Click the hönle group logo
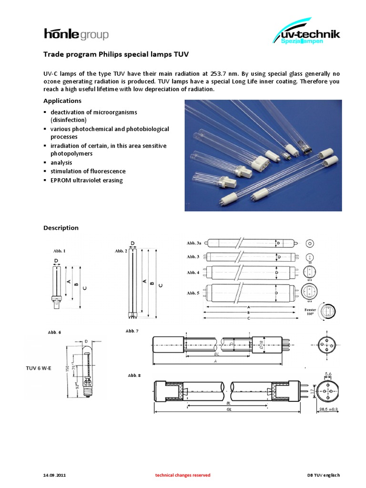coord(76,34)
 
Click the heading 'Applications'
coord(62,101)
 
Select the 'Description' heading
coord(61,228)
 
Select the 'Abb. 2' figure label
coord(121,251)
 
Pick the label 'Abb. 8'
coord(134,376)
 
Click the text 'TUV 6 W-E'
coord(38,368)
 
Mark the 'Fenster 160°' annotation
coord(310,312)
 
